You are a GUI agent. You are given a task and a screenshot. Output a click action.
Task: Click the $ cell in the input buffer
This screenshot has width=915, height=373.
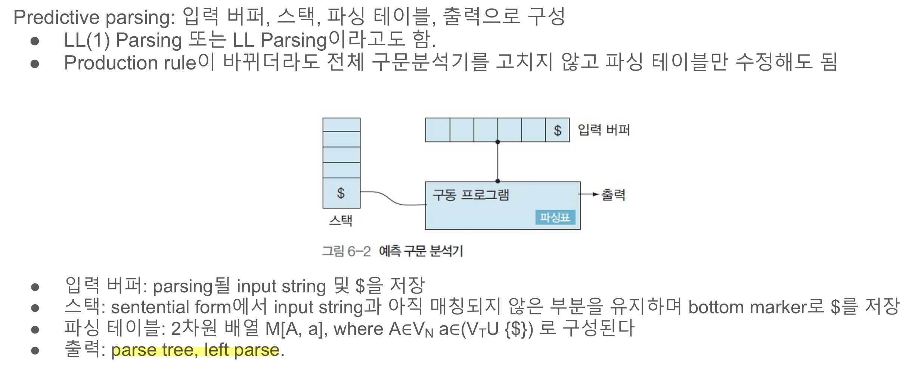tap(557, 130)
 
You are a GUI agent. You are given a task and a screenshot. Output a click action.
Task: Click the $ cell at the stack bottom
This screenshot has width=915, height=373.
tap(341, 193)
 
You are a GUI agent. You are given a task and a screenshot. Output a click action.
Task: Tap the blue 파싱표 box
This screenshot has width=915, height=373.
tap(555, 217)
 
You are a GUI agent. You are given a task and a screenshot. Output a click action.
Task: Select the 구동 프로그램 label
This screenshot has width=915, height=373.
tap(471, 195)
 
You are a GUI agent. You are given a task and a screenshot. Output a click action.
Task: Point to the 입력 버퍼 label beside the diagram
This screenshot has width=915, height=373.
tap(604, 130)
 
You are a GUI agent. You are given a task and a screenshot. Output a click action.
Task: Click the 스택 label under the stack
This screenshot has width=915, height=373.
tap(340, 220)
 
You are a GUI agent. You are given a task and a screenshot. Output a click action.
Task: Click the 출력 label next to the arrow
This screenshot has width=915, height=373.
tap(613, 195)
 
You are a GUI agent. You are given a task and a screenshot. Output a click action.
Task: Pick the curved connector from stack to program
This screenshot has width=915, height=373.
tap(392, 199)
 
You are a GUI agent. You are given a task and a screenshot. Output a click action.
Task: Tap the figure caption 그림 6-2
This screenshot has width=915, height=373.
tap(346, 251)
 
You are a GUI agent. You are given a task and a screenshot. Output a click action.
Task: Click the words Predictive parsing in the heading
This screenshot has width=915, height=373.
tap(94, 17)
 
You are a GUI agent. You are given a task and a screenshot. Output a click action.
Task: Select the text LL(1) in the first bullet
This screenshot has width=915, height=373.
tap(87, 40)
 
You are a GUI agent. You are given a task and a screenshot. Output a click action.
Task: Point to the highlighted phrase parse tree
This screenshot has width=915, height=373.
tap(152, 350)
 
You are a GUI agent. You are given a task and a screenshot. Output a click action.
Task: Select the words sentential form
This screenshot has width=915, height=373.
tap(171, 307)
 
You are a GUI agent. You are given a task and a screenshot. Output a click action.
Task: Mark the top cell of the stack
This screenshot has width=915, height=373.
tap(341, 125)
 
